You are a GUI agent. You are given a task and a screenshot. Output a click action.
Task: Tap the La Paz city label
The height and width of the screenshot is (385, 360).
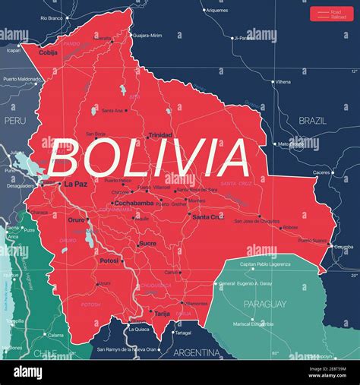pyautogui.click(x=75, y=184)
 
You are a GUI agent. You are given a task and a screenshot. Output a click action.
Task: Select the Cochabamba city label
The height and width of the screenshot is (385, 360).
pyautogui.click(x=133, y=203)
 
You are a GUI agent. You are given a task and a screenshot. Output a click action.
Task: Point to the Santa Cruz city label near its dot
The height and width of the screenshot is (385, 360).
pyautogui.click(x=208, y=216)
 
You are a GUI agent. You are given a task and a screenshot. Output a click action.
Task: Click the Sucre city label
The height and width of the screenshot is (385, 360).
pyautogui.click(x=147, y=244)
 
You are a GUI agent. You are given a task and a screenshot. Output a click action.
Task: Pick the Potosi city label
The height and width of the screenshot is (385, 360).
pyautogui.click(x=109, y=260)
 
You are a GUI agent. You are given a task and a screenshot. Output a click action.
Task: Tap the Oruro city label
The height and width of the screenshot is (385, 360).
pyautogui.click(x=77, y=220)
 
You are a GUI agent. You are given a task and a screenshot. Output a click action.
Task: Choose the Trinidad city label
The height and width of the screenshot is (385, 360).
pyautogui.click(x=160, y=135)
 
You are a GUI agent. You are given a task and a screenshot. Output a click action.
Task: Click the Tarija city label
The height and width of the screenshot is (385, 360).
pyautogui.click(x=163, y=313)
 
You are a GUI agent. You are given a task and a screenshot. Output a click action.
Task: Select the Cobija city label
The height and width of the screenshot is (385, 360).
pyautogui.click(x=48, y=53)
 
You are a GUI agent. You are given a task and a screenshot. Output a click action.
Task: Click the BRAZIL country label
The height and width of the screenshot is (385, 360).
pyautogui.click(x=312, y=121)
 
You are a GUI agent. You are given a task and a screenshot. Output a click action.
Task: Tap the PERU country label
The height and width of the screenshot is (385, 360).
pyautogui.click(x=14, y=120)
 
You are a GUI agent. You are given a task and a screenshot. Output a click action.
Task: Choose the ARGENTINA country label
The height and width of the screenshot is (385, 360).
pyautogui.click(x=196, y=353)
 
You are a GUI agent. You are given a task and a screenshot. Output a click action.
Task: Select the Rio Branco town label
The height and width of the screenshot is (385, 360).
pyautogui.click(x=52, y=17)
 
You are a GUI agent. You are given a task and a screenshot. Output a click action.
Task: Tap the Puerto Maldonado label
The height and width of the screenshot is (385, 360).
pyautogui.click(x=21, y=79)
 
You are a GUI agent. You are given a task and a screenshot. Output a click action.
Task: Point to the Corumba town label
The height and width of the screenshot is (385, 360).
pyautogui.click(x=343, y=247)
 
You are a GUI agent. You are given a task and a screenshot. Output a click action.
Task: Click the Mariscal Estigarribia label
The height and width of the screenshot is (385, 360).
pyautogui.click(x=253, y=324)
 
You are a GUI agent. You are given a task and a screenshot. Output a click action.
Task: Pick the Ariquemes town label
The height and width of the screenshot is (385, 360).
pyautogui.click(x=216, y=11)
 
